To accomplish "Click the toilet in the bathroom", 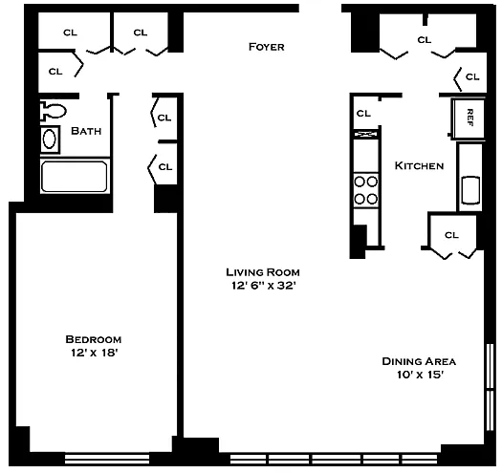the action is [x=53, y=111].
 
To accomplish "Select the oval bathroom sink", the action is [x=50, y=140].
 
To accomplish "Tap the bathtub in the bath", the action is [x=75, y=177].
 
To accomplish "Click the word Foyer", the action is [x=267, y=47].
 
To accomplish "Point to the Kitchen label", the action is [x=419, y=165].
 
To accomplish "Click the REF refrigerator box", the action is [x=469, y=118].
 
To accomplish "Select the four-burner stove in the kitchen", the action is [x=366, y=190].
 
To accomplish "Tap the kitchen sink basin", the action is [x=470, y=190].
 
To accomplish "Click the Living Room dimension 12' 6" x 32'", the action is [x=263, y=286].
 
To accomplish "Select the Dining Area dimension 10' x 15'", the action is [x=420, y=375].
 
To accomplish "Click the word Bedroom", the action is [x=94, y=339].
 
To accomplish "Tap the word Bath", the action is [x=86, y=131].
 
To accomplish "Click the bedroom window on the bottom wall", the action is [x=107, y=459].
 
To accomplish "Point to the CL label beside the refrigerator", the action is [x=472, y=76].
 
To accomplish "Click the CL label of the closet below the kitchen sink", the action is [x=451, y=235].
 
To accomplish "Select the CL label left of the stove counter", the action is [x=363, y=114].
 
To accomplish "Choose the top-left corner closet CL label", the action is [x=70, y=32].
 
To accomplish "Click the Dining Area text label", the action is [x=419, y=361].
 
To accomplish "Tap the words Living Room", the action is [x=263, y=272].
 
